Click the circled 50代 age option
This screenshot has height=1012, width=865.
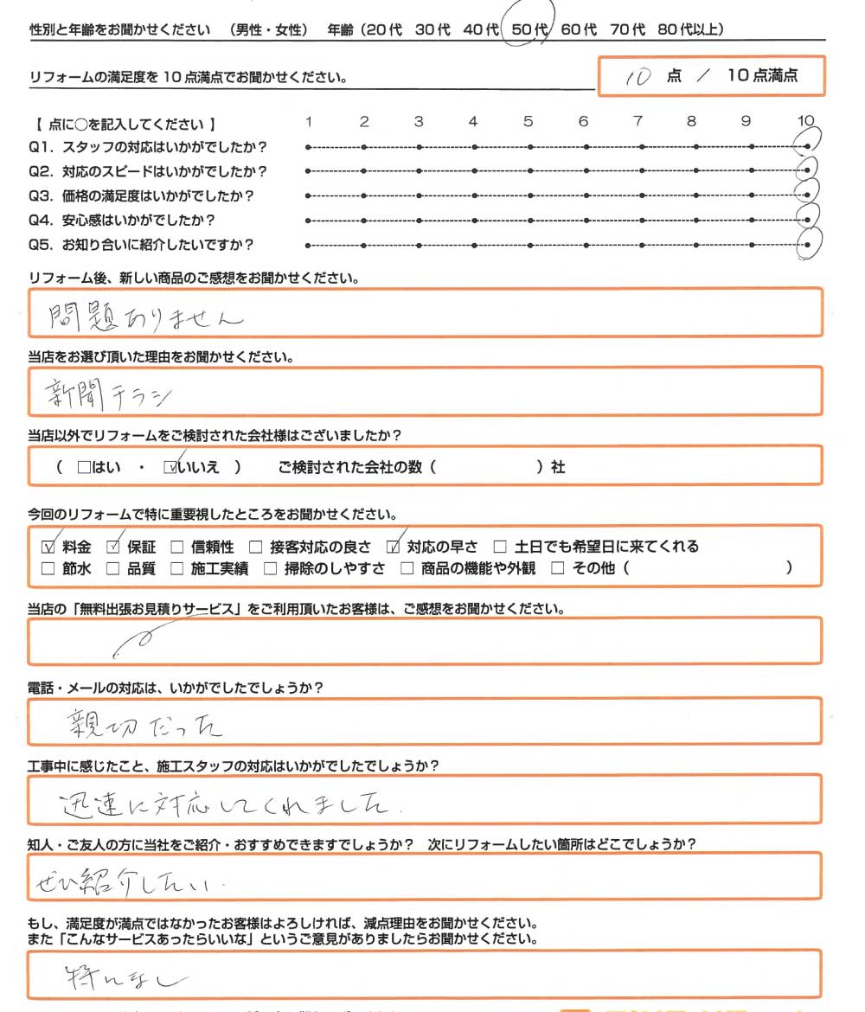(529, 30)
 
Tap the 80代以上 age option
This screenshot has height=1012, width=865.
(689, 30)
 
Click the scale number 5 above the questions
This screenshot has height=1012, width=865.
(528, 122)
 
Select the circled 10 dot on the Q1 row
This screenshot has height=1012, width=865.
(808, 148)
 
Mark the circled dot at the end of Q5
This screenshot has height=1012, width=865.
(808, 245)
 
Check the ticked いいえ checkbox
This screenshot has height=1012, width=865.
(170, 468)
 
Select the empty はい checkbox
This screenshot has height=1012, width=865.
(84, 468)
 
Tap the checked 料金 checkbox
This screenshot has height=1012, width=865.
(48, 547)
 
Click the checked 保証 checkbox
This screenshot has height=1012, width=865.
(112, 547)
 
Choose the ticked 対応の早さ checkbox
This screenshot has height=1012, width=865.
(394, 547)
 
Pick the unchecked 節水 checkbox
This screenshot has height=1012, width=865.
(48, 569)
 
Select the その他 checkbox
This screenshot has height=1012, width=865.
(557, 569)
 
